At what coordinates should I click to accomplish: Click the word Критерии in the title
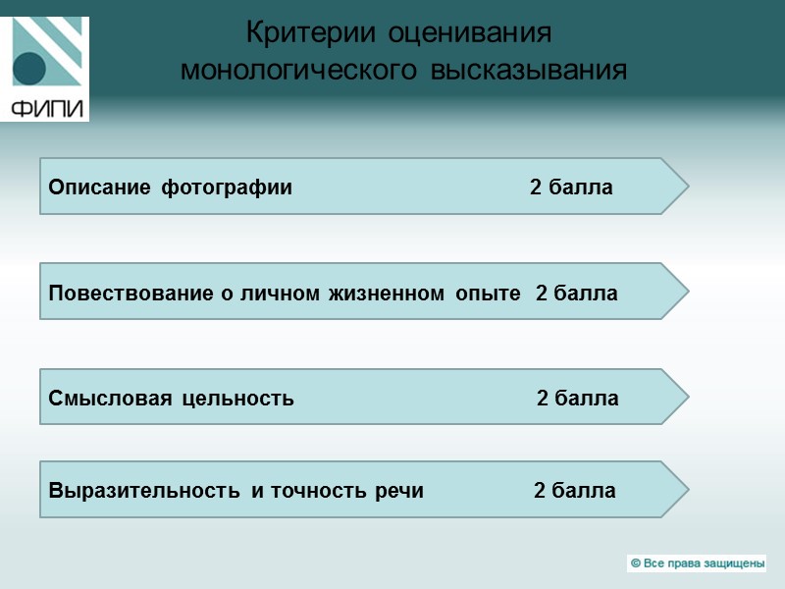312,33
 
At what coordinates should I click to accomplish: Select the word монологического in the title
292,72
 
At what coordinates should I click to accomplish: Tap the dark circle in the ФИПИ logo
29,68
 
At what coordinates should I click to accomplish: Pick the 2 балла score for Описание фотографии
571,187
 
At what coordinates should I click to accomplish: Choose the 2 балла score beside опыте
577,293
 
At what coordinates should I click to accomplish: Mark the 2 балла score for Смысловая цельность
577,399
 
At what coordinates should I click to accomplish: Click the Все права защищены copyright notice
697,563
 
